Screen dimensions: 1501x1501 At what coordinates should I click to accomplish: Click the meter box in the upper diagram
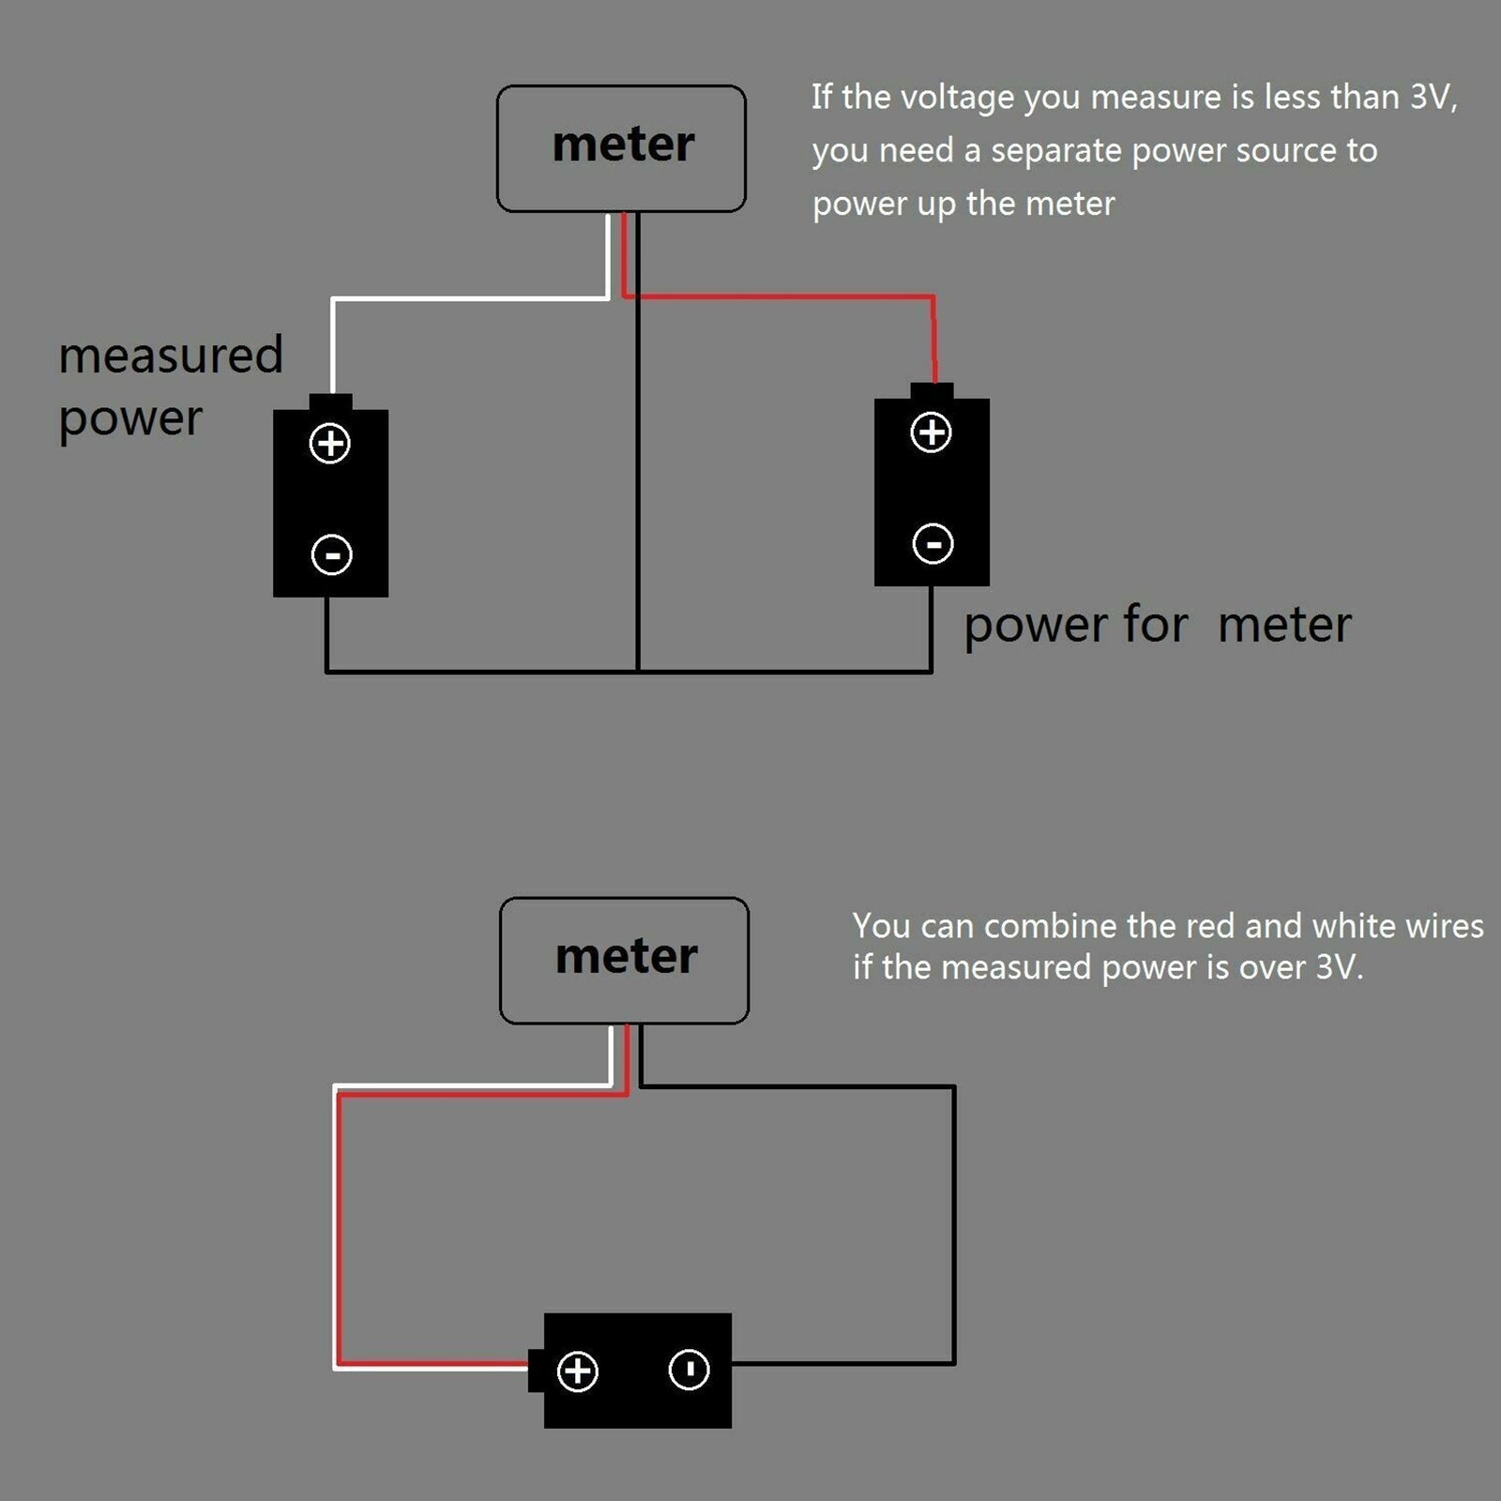click(x=621, y=148)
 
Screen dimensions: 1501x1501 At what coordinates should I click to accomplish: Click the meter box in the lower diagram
click(x=624, y=960)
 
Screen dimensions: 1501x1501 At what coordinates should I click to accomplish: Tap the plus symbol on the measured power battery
click(x=330, y=444)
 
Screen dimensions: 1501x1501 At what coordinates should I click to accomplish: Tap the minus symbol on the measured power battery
click(x=331, y=554)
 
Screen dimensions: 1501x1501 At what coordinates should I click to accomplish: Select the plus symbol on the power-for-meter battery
click(x=931, y=432)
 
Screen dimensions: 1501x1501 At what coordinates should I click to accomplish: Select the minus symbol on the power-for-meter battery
click(x=932, y=544)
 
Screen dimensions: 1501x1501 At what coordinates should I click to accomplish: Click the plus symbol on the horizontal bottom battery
click(x=577, y=1372)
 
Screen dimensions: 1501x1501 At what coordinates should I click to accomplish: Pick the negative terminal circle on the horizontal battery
click(x=689, y=1370)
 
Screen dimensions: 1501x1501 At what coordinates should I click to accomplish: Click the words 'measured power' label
click(x=170, y=386)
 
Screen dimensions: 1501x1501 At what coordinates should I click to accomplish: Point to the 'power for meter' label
click(x=1157, y=626)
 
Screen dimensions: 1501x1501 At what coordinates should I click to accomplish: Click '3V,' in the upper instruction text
click(x=1433, y=98)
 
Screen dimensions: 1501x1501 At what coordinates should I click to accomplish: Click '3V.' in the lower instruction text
click(x=1339, y=967)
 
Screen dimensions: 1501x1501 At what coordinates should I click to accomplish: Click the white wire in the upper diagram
click(x=469, y=299)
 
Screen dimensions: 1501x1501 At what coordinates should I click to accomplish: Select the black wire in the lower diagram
click(x=954, y=1220)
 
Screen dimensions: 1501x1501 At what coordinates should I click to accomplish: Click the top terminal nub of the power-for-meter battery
click(x=932, y=390)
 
